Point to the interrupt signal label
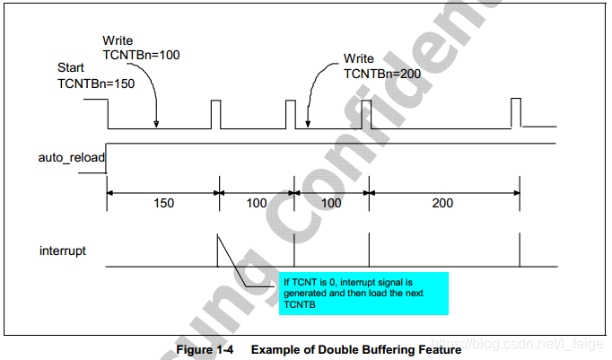(63, 250)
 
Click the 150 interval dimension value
(163, 204)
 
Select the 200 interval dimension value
(442, 204)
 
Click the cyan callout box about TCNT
(362, 293)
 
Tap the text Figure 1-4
(205, 349)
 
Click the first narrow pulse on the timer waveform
(215, 112)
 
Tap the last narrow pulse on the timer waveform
(515, 112)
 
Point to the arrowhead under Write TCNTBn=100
(157, 125)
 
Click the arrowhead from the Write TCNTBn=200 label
(308, 125)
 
